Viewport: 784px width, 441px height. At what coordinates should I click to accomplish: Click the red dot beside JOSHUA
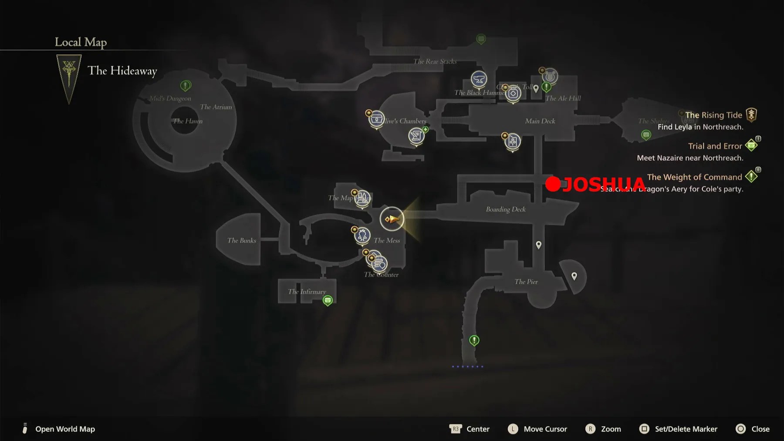[x=553, y=184]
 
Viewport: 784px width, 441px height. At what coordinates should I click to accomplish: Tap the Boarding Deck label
[x=506, y=209]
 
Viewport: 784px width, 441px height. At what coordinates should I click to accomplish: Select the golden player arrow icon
[x=392, y=219]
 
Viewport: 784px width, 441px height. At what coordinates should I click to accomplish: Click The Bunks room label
[x=242, y=240]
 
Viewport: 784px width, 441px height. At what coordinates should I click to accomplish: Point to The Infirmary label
[x=307, y=292]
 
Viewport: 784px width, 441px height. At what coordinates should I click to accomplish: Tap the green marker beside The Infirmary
[x=328, y=300]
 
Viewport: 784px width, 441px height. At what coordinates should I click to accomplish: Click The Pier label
[x=526, y=282]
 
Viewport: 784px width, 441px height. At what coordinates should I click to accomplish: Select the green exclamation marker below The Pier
[x=474, y=340]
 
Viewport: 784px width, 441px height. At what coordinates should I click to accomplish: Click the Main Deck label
[x=540, y=121]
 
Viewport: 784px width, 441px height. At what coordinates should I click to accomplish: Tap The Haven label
[x=188, y=121]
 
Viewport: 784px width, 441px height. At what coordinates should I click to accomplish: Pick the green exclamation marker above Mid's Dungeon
[x=186, y=85]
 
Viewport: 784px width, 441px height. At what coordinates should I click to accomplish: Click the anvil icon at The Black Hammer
[x=479, y=79]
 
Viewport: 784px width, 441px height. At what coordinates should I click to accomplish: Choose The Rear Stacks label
[x=435, y=61]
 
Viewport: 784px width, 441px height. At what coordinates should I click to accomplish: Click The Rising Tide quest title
[x=713, y=115]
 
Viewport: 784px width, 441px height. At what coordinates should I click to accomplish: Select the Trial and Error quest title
[x=715, y=146]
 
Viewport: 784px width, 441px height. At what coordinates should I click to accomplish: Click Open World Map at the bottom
[x=65, y=429]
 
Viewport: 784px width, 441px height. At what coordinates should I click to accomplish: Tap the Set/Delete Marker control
[x=686, y=429]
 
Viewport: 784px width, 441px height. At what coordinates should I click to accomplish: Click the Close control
[x=760, y=429]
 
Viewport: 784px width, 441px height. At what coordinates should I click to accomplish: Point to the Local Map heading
[x=81, y=42]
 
